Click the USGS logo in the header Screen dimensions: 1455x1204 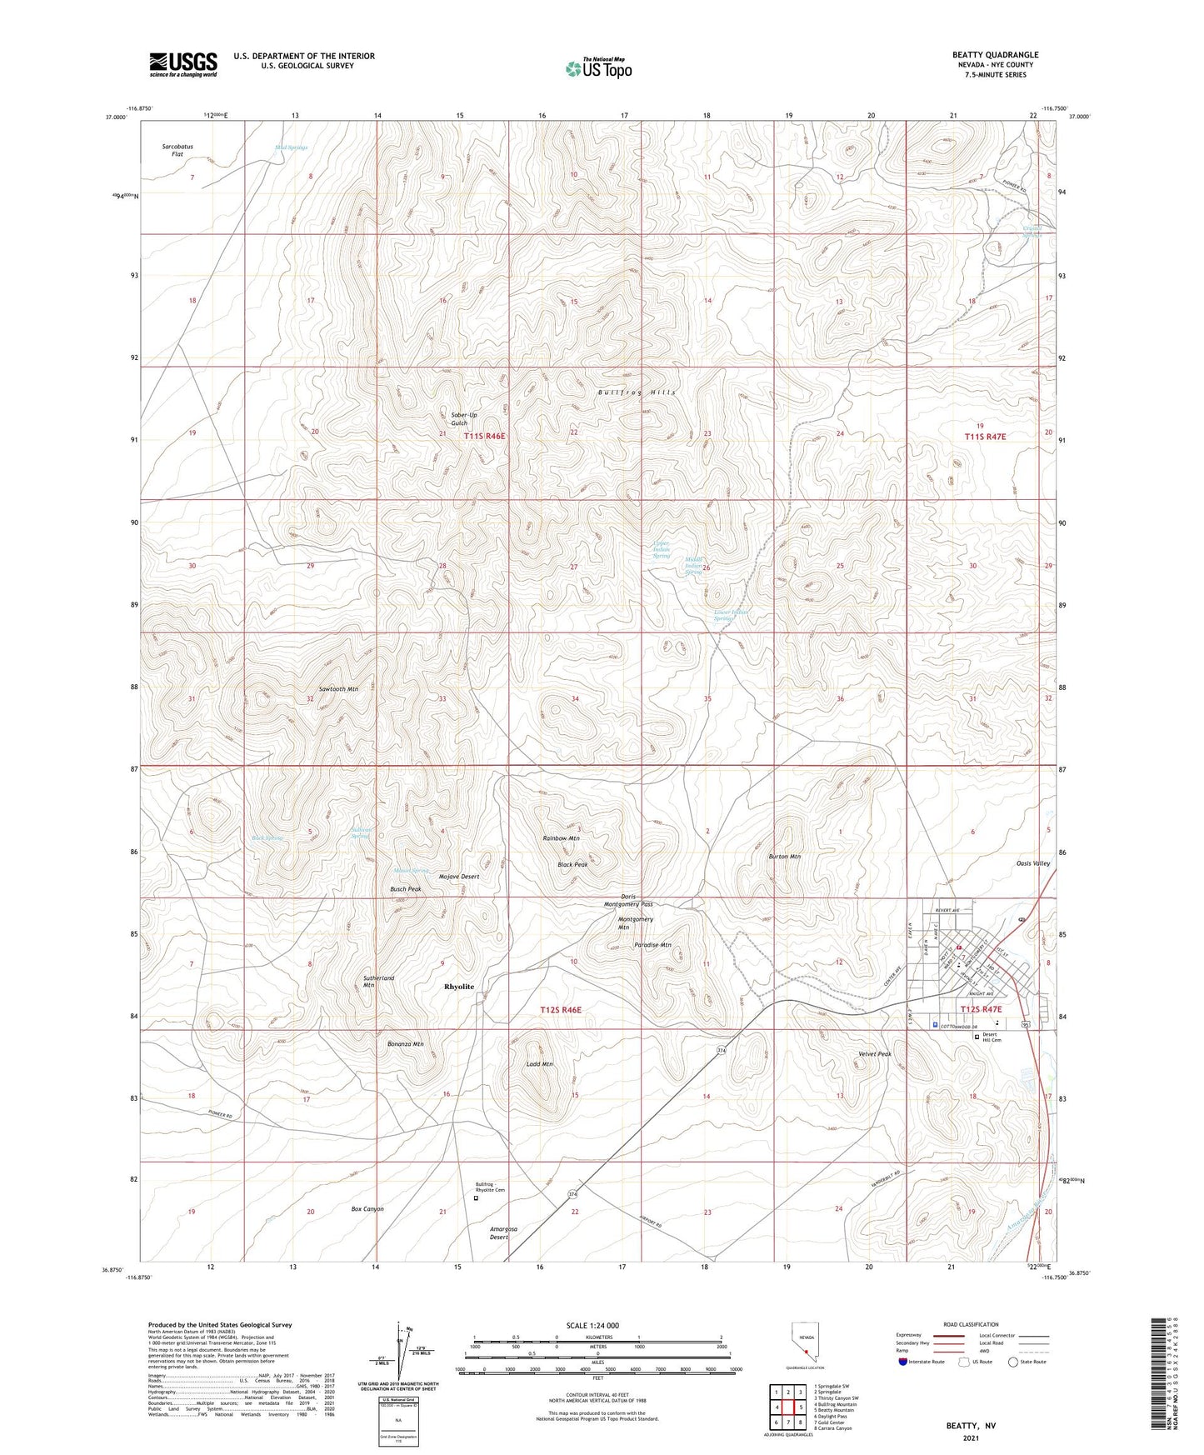click(183, 64)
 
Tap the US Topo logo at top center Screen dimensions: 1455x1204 click(597, 68)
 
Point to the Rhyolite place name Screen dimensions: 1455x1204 click(459, 987)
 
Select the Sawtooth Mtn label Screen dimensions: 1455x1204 click(338, 689)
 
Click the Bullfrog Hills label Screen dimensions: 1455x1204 click(637, 392)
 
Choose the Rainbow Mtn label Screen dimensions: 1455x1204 click(561, 838)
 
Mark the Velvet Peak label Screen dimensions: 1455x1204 click(875, 1054)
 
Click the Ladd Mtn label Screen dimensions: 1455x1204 click(540, 1064)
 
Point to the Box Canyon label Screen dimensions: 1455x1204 click(367, 1208)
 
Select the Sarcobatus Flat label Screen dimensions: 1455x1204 click(177, 150)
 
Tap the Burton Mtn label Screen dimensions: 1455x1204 click(784, 857)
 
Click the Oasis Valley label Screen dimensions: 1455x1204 click(1033, 863)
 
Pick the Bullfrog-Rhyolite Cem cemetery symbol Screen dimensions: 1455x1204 click(476, 1199)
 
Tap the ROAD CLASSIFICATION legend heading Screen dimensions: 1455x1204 click(972, 1324)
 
